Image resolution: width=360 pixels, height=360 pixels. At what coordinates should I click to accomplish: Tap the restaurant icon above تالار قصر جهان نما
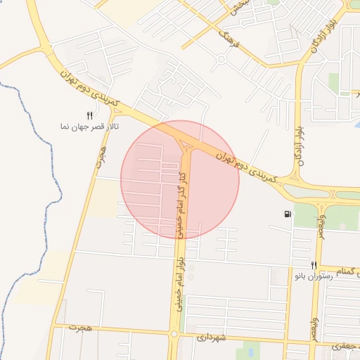tap(89, 115)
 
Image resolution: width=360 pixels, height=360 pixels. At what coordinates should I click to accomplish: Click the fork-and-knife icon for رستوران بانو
tap(314, 265)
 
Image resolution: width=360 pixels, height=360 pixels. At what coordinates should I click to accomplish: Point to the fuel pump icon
tap(288, 214)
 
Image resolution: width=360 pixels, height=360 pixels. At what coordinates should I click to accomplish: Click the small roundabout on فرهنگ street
tap(221, 59)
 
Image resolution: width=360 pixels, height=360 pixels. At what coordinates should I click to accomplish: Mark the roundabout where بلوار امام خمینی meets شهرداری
tap(173, 335)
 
